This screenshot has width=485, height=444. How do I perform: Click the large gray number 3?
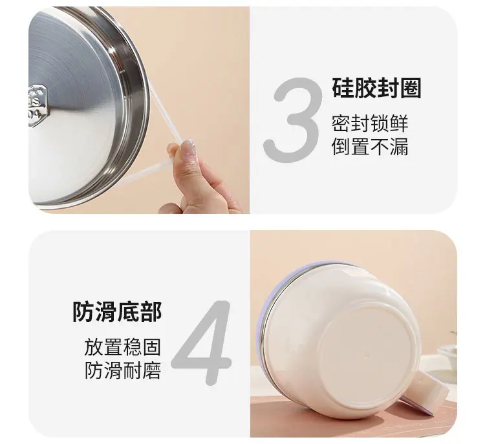292,120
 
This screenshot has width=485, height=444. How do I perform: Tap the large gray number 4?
202,343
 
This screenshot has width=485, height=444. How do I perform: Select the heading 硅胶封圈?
376,88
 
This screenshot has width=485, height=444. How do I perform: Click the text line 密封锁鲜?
370,123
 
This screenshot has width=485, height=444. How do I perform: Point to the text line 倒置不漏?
370,146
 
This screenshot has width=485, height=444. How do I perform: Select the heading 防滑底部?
117,312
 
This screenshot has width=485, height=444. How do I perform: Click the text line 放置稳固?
122,347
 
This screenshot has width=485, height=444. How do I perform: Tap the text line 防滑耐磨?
122,370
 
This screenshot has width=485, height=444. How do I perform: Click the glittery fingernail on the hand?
189,147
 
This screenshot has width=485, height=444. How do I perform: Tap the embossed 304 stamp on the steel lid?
37,106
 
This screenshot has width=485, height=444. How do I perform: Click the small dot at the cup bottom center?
367,356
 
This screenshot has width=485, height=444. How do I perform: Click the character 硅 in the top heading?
343,88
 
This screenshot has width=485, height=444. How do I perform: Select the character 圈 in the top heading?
411,88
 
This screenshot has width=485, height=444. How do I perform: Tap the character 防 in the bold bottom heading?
83,312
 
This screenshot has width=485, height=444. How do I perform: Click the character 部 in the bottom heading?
151,312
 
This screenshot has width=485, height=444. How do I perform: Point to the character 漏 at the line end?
399,146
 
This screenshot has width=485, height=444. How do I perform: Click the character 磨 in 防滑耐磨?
151,370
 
